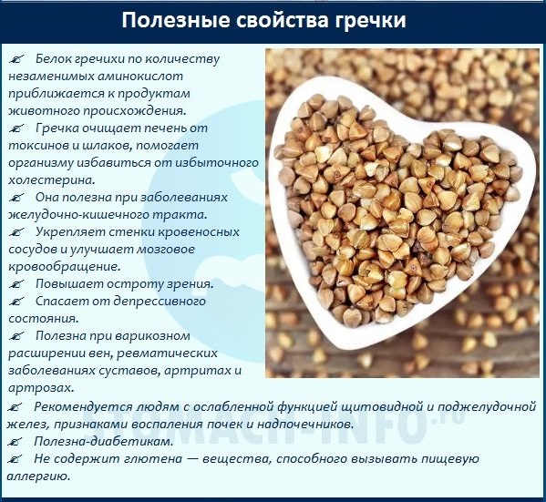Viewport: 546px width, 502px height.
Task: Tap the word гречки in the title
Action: point(367,20)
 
